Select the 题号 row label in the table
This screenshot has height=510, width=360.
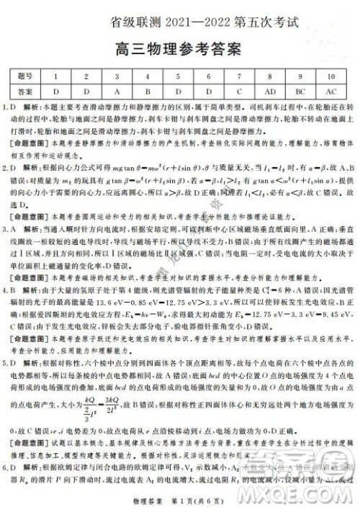pyautogui.click(x=25, y=77)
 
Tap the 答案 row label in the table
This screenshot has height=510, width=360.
pyautogui.click(x=25, y=92)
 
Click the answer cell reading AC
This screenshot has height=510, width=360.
pyautogui.click(x=332, y=92)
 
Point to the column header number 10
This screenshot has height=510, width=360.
pyautogui.click(x=332, y=77)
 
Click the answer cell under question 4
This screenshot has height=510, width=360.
pyautogui.click(x=147, y=92)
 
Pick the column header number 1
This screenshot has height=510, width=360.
pyautogui.click(x=55, y=77)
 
